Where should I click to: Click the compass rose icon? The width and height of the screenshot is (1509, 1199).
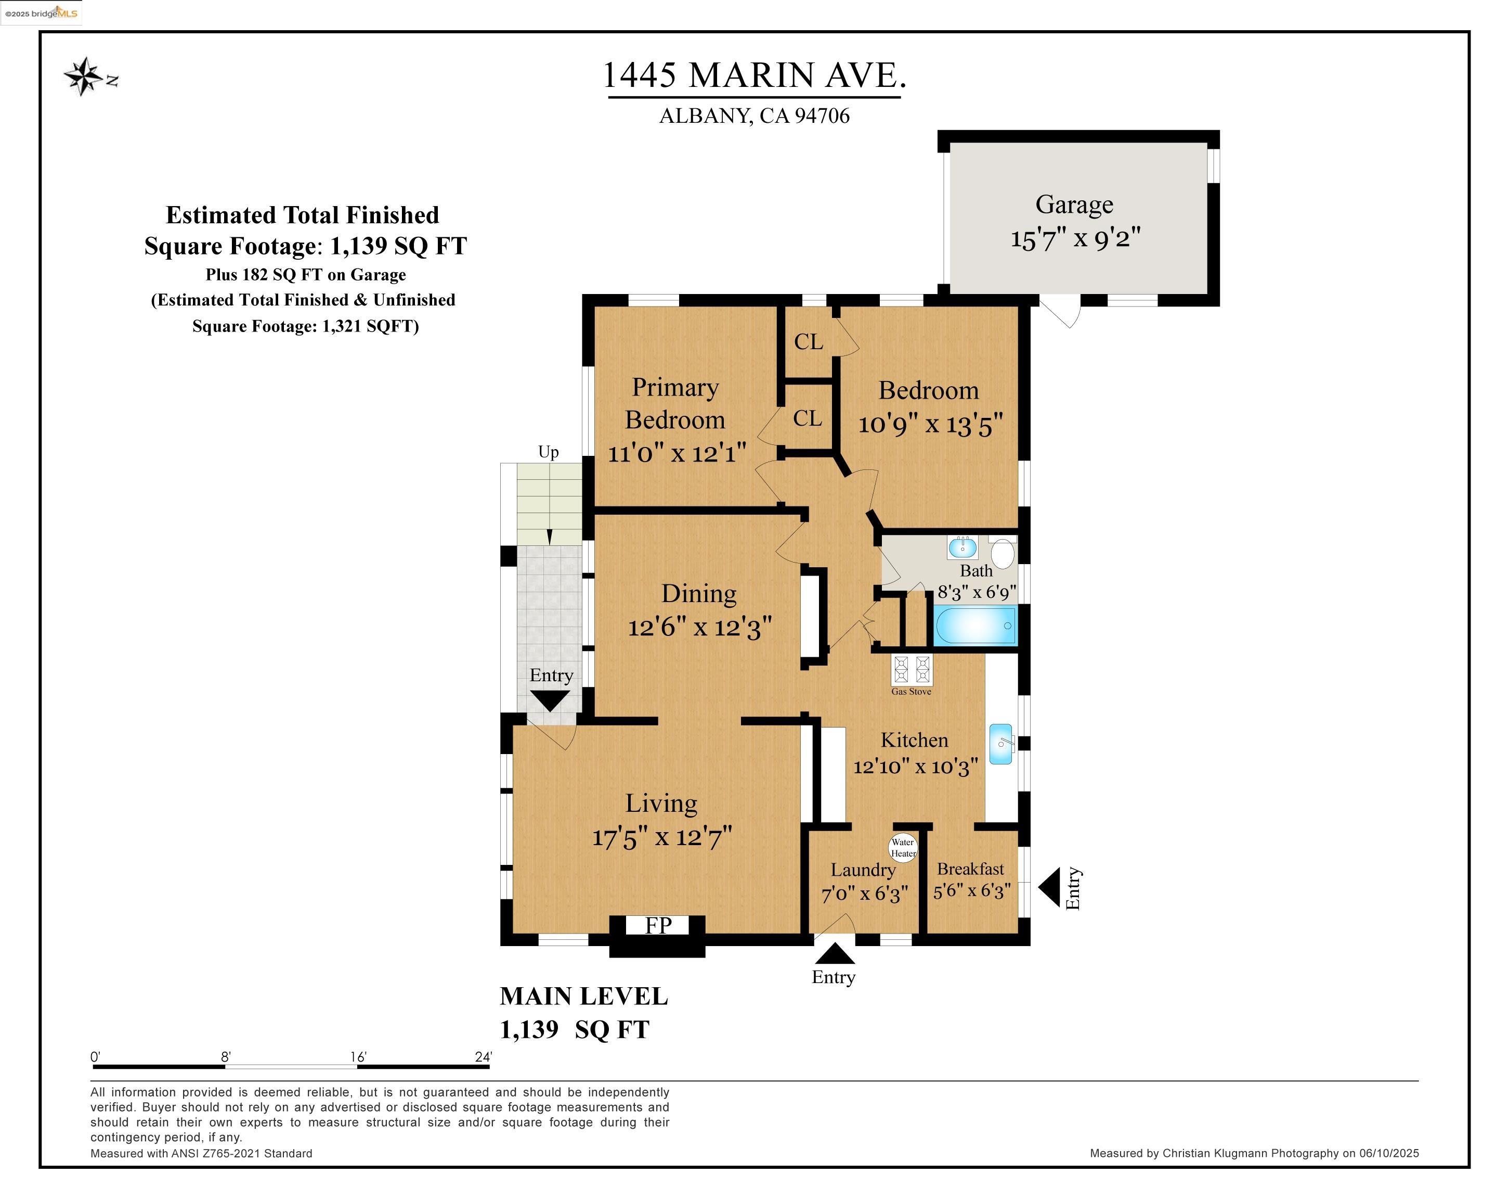pos(84,76)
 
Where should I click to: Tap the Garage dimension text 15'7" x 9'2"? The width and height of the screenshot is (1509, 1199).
pos(1075,239)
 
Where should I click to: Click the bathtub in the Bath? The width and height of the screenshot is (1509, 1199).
pos(975,626)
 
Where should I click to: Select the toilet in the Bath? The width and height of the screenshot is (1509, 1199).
pos(1003,553)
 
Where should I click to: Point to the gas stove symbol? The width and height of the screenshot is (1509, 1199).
pos(912,670)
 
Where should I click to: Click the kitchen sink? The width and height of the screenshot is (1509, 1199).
pos(1001,744)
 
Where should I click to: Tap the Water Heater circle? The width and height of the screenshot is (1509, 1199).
pos(903,847)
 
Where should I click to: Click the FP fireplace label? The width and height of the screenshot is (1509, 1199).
pos(658,925)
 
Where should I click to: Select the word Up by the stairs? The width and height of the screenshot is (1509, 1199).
pos(548,452)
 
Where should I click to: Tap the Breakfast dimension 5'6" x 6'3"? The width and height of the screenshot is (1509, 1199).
pos(971,891)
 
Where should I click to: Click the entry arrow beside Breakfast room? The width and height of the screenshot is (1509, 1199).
pos(1049,887)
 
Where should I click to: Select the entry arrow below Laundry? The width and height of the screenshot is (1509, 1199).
pos(834,953)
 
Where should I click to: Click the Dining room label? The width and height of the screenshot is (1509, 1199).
pos(698,594)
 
